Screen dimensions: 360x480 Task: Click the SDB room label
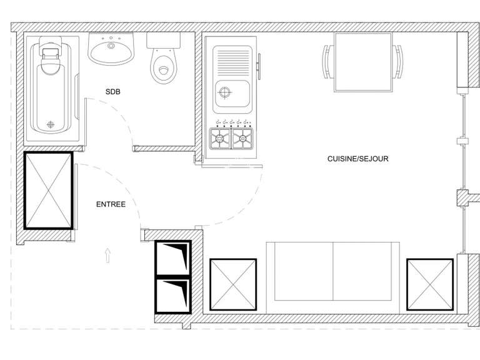click(112, 92)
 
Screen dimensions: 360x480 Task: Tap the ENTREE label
click(111, 204)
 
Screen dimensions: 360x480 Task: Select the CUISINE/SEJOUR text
click(357, 159)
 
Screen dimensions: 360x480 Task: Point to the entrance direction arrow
click(107, 254)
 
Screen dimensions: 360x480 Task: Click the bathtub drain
click(51, 123)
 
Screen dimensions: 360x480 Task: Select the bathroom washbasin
click(111, 50)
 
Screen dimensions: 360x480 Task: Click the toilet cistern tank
click(164, 40)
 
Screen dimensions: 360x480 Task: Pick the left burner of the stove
click(220, 139)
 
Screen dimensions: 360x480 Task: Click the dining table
click(362, 61)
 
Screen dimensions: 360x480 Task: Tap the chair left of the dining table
click(328, 61)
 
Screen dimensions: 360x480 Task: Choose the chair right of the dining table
click(397, 61)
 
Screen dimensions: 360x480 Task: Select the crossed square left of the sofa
click(233, 284)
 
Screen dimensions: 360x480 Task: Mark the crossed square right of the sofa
click(429, 284)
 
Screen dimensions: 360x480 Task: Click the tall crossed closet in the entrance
click(48, 190)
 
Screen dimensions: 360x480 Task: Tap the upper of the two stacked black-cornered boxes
click(173, 257)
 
